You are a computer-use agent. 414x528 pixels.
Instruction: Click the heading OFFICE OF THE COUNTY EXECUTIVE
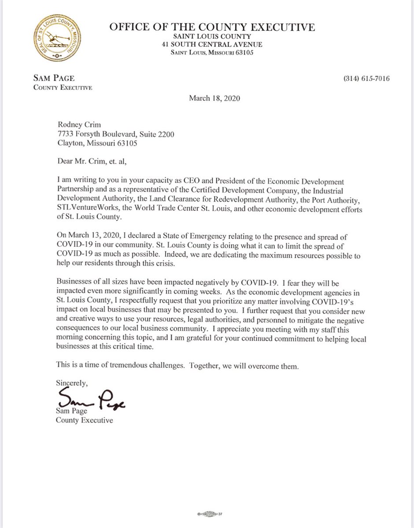[x=212, y=28]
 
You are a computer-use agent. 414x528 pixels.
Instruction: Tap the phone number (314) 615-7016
[x=366, y=79]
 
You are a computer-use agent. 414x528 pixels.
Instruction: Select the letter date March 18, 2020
[x=214, y=99]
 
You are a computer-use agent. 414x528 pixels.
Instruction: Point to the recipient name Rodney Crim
[x=75, y=125]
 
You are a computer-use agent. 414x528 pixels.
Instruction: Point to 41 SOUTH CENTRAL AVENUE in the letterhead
[x=212, y=44]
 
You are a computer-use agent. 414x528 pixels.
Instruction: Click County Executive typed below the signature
[x=84, y=420]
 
